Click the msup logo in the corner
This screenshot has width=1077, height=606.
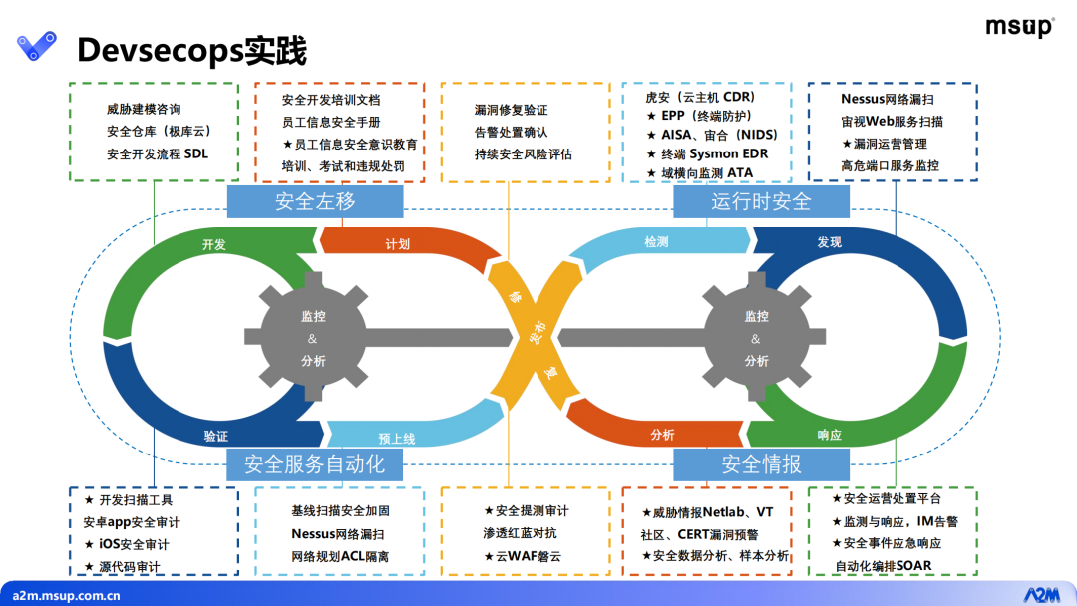coord(1019,27)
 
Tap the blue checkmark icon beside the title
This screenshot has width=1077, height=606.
coord(37,46)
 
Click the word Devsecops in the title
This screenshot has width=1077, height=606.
coord(160,50)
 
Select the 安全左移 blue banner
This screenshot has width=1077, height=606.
coord(315,201)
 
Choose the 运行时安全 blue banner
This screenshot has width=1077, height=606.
coord(761,201)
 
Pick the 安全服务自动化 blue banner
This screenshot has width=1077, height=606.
coord(314,464)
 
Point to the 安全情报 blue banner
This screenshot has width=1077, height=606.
coord(761,464)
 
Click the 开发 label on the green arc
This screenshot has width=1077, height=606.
coord(214,244)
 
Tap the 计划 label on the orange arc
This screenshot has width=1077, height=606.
coord(397,243)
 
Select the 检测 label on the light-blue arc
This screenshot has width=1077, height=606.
coord(656,241)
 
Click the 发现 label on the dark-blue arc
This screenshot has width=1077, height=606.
coord(829,242)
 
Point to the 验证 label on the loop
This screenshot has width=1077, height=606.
coord(215,436)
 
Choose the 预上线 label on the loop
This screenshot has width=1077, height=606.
coord(396,439)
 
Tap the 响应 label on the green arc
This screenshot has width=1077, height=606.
coord(829,435)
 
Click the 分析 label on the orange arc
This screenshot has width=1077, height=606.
coord(662,435)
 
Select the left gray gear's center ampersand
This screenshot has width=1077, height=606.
coord(312,338)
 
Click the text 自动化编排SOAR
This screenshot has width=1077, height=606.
coord(884,566)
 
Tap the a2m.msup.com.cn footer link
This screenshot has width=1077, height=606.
coord(66,596)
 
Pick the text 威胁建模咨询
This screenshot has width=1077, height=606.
coord(144,109)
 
